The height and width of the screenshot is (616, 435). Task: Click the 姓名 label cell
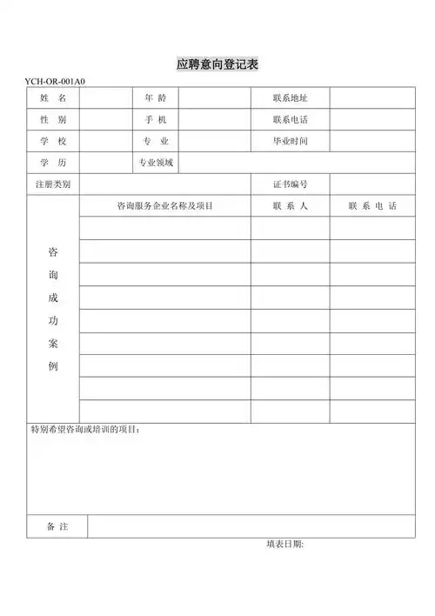click(x=53, y=97)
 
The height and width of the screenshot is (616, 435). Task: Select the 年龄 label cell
click(x=156, y=97)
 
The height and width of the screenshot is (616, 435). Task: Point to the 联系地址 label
click(x=290, y=97)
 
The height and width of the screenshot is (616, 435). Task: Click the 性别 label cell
click(x=53, y=119)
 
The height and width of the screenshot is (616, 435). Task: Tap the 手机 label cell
click(x=156, y=119)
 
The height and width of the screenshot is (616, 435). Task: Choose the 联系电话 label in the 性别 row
click(x=290, y=119)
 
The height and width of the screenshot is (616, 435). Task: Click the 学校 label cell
click(x=53, y=141)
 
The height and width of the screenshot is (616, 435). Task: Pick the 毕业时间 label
click(x=290, y=141)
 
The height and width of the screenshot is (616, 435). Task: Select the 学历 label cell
click(x=53, y=163)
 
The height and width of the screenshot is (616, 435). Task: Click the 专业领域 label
click(x=156, y=163)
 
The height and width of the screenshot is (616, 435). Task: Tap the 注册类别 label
click(x=52, y=184)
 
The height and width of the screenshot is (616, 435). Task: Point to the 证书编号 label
click(x=290, y=184)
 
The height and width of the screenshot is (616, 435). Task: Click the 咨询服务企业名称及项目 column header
click(x=165, y=206)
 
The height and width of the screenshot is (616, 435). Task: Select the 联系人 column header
click(x=290, y=206)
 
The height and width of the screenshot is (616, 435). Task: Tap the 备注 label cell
click(x=57, y=526)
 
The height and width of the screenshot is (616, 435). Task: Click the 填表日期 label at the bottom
click(x=284, y=545)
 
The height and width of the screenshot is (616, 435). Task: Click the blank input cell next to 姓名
click(x=105, y=97)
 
